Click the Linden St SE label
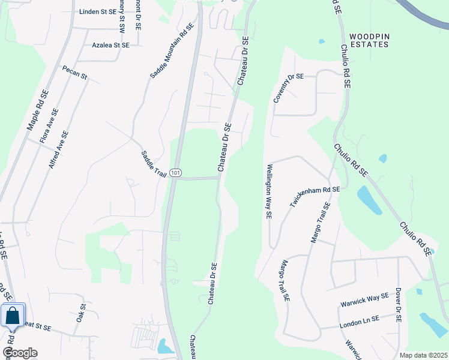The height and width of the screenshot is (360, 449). tap(97, 11)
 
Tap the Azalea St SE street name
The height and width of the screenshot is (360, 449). tap(110, 45)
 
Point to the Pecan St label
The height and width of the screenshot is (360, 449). tap(75, 73)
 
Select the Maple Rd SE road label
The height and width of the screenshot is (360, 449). tap(37, 110)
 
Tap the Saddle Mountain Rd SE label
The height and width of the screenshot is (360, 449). tap(172, 51)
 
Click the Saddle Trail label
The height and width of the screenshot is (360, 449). tap(153, 163)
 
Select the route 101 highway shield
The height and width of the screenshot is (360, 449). tap(175, 173)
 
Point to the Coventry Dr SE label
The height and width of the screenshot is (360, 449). tap(289, 88)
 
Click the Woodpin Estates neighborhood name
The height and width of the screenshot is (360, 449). tap(369, 40)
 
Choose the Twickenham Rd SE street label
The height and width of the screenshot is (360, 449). tap(315, 196)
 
